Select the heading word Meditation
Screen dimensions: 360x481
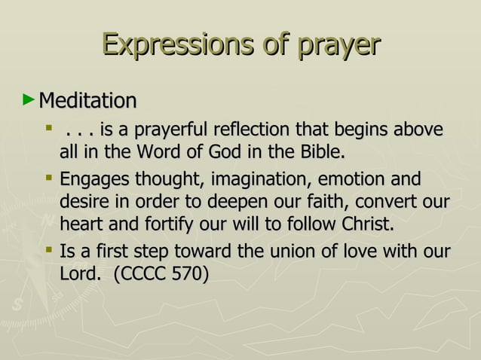click(x=87, y=101)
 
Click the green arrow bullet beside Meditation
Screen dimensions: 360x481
click(x=29, y=99)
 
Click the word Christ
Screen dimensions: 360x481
click(x=367, y=224)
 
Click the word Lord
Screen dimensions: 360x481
click(x=78, y=273)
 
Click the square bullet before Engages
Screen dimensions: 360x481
click(x=49, y=180)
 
